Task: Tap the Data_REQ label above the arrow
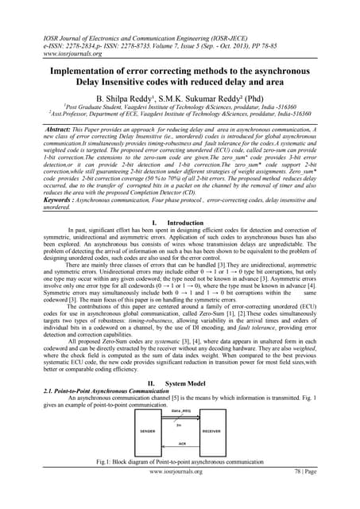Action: tap(180, 410)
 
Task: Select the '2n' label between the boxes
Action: tap(180, 425)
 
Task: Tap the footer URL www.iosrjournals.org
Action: tap(180, 493)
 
